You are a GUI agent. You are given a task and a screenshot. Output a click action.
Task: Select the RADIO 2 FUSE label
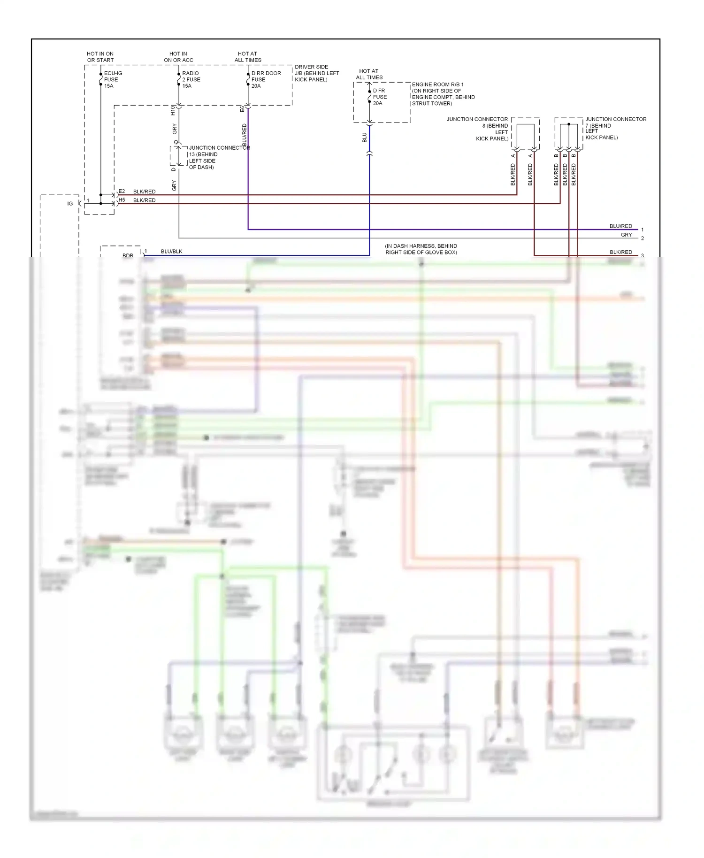191,79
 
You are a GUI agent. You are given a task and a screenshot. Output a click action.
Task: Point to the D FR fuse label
379,97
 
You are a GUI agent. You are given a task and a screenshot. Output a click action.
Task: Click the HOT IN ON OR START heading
100,57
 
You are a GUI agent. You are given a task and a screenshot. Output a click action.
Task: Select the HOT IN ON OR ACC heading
178,57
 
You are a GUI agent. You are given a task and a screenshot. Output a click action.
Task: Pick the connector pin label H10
173,110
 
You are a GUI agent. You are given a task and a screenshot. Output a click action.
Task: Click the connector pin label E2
122,191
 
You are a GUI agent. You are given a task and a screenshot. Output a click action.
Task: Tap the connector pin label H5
122,200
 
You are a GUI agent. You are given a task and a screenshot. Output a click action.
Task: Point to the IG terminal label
70,204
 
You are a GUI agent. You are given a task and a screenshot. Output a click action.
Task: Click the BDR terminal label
128,255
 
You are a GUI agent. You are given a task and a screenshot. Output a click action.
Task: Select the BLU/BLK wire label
171,252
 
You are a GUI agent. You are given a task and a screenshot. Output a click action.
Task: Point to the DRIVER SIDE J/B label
316,73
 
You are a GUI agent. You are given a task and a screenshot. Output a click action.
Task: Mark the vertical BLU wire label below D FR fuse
365,137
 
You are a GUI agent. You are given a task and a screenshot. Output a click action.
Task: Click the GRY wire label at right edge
626,235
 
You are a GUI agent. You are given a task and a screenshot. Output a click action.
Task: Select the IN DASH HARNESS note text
421,249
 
